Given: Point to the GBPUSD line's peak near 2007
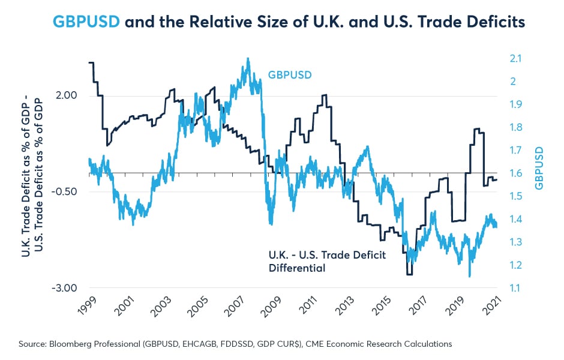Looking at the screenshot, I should pyautogui.click(x=248, y=59).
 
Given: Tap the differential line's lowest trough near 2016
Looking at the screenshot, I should pyautogui.click(x=409, y=274).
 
